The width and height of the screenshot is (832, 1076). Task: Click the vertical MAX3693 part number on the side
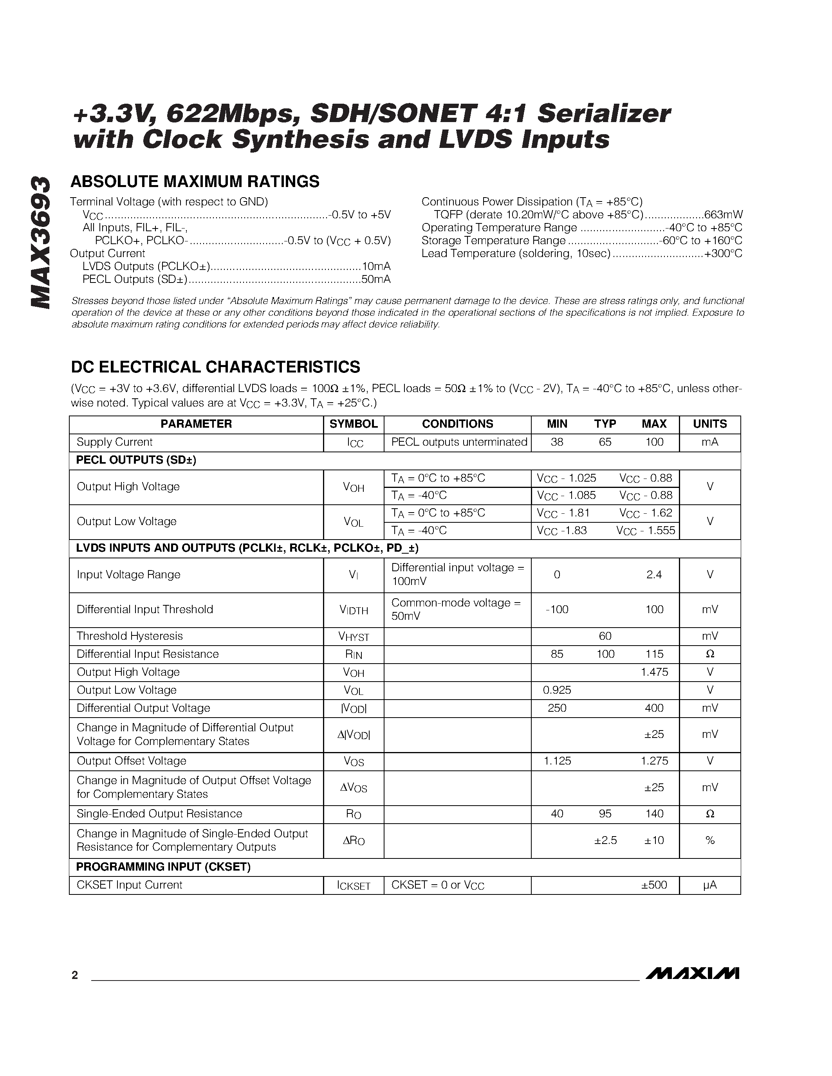[x=40, y=243]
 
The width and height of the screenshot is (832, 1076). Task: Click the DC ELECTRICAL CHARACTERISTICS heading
[x=215, y=367]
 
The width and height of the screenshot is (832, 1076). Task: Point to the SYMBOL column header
[x=354, y=424]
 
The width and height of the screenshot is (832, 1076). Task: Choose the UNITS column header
[x=710, y=424]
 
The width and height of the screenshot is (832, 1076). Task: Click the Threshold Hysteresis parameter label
[x=130, y=636]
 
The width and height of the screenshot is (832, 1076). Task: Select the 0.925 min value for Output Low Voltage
[x=557, y=690]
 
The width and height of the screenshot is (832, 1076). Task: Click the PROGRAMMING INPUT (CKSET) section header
[x=163, y=867]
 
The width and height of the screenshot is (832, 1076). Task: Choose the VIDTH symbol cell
[x=354, y=610]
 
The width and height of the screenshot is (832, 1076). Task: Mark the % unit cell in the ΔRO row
[x=710, y=840]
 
